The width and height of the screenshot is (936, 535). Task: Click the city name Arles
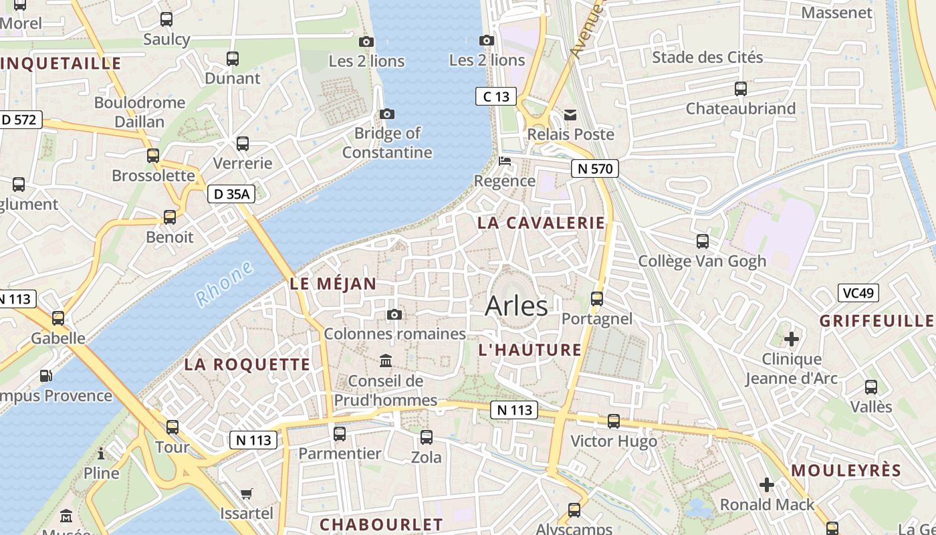tap(516, 306)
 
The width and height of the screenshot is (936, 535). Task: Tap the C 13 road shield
tap(496, 96)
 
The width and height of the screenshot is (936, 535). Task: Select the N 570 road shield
tap(594, 169)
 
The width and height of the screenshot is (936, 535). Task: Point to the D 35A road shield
tap(231, 194)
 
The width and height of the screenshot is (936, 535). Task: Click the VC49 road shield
tap(858, 292)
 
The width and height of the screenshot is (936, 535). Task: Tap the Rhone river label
tap(225, 284)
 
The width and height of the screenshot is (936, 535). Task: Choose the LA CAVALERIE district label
tap(541, 223)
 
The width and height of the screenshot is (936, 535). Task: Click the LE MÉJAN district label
tap(333, 284)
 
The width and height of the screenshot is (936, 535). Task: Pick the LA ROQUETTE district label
tap(247, 364)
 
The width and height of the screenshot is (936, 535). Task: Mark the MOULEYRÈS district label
tap(846, 470)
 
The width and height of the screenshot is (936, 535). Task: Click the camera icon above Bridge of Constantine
tap(387, 114)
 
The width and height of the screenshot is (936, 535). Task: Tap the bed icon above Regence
tap(505, 161)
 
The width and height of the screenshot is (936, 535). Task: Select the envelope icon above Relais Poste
tap(570, 115)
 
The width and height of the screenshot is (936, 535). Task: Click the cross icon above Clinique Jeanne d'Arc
tap(791, 339)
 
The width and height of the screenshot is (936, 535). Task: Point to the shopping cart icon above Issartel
tap(247, 494)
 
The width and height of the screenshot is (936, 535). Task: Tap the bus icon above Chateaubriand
tap(740, 88)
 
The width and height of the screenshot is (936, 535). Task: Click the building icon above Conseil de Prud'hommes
tap(386, 361)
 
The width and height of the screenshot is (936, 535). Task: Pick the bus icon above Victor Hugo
tap(614, 421)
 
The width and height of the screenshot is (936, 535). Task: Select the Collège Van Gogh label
tap(702, 261)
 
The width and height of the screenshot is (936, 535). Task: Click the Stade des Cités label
tap(707, 57)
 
